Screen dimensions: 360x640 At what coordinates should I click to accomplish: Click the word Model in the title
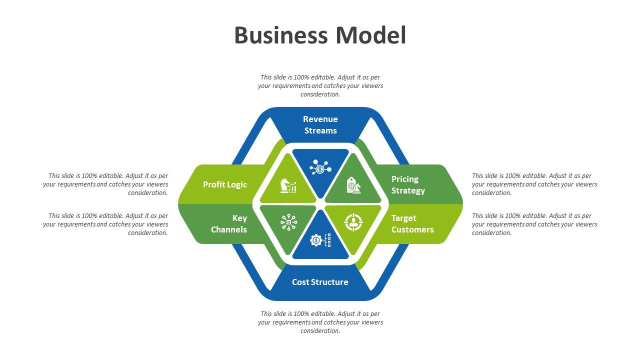[370, 35]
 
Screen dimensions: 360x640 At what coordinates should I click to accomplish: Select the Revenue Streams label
[320, 125]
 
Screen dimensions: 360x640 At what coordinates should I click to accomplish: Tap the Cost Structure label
[320, 282]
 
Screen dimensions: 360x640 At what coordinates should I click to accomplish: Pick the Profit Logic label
[225, 184]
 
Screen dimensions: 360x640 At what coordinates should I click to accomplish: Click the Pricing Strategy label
[408, 184]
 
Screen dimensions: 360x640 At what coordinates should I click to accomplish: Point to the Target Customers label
[412, 224]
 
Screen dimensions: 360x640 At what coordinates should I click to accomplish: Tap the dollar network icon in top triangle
[320, 166]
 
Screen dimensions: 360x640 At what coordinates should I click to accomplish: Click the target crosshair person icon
[353, 222]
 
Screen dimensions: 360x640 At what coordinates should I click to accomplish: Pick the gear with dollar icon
[320, 240]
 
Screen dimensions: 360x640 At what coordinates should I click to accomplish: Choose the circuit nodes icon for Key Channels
[288, 222]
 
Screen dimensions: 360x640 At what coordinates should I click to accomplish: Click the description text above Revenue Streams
[320, 86]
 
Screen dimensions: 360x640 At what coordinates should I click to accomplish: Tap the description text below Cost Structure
[320, 322]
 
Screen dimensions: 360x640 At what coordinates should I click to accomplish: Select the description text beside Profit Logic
[106, 184]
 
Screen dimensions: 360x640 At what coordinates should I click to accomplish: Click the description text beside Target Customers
[534, 224]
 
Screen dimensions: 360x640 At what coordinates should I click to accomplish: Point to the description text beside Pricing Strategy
[534, 184]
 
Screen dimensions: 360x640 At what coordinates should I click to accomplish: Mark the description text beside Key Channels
[106, 224]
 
